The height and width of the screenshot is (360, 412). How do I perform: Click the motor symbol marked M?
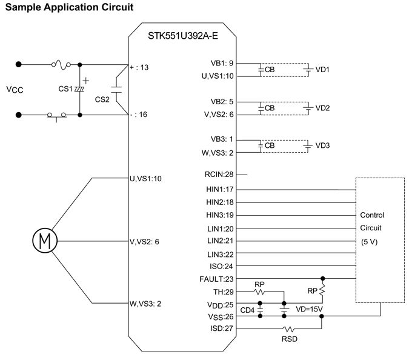[44, 241]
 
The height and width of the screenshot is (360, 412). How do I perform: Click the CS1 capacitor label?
[65, 89]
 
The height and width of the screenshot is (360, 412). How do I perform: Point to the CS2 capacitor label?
[102, 99]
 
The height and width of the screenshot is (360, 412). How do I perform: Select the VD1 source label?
[323, 70]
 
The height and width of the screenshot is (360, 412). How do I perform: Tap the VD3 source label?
[323, 146]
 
